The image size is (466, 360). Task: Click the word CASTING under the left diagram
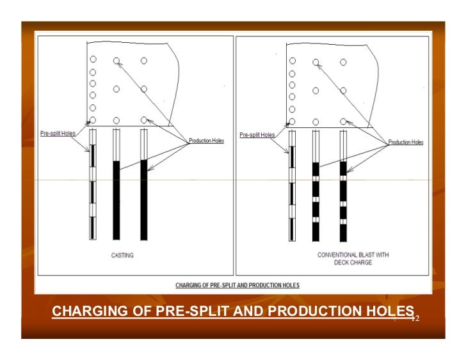122,255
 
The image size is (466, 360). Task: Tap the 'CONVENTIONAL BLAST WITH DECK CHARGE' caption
353,258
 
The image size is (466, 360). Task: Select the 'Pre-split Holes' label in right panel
257,135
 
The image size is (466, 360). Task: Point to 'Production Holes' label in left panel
206,141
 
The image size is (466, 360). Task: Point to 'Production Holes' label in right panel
405,143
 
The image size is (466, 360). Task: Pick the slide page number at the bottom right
414,318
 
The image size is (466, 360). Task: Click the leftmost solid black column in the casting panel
116,200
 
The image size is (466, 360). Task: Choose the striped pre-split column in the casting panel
92,185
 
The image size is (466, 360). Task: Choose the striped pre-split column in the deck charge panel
292,185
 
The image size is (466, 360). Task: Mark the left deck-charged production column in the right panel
316,201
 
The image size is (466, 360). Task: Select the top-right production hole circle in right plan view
343,62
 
